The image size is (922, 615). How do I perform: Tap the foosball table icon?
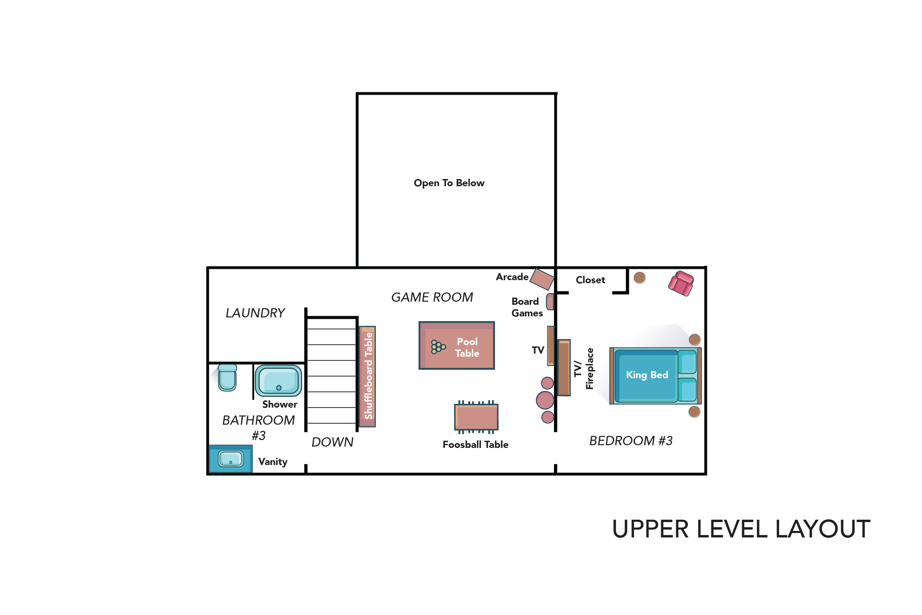(x=476, y=417)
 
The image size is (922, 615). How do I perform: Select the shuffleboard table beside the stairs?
(x=367, y=377)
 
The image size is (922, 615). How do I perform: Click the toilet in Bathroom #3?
(x=227, y=377)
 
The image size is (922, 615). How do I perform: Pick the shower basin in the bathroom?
(x=278, y=381)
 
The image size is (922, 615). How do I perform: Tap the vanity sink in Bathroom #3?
(x=231, y=459)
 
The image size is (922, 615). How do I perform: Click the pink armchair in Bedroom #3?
(x=681, y=283)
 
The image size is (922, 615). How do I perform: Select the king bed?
(x=655, y=376)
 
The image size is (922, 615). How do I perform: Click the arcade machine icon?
(x=542, y=279)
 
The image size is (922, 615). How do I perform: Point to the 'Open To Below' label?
(x=449, y=183)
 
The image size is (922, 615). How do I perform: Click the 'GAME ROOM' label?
(x=432, y=297)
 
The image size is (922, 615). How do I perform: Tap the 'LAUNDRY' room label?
(x=255, y=313)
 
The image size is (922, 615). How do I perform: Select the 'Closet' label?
(x=590, y=280)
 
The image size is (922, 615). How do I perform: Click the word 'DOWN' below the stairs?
(x=332, y=442)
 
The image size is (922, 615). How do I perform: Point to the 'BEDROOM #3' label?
(x=631, y=441)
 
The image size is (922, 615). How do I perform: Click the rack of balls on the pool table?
(x=438, y=347)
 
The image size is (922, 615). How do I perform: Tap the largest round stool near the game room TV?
(x=545, y=400)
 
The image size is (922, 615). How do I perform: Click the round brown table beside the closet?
(x=640, y=278)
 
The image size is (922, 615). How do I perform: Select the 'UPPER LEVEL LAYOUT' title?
(x=741, y=529)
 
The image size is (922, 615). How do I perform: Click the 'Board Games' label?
(x=527, y=307)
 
